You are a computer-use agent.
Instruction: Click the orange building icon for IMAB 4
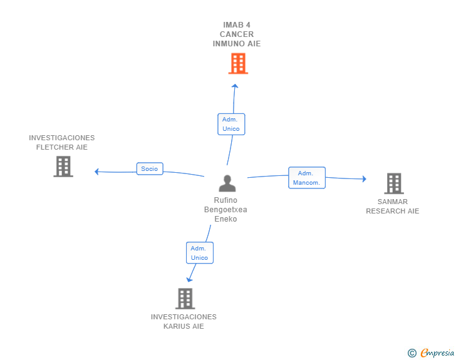(237, 63)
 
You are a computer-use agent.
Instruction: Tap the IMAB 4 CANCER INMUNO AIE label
(237, 34)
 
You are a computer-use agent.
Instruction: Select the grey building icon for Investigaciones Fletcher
(63, 167)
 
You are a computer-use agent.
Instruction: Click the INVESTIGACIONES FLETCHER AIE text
(62, 142)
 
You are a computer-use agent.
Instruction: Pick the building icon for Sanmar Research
(393, 183)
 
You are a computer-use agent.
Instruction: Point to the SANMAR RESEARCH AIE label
(393, 207)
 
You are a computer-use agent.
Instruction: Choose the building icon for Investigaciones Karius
(185, 299)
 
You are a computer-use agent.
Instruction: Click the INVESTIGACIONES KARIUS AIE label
(184, 321)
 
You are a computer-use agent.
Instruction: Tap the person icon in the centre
(227, 183)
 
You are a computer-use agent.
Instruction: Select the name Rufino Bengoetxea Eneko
(225, 210)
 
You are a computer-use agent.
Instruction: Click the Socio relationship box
(150, 168)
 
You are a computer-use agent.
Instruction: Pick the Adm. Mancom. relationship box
(306, 178)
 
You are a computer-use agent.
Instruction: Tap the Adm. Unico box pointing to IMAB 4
(231, 123)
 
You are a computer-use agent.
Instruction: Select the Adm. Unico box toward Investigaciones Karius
(200, 252)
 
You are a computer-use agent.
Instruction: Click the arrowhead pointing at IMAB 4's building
(234, 86)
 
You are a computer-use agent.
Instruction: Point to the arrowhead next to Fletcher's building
(96, 172)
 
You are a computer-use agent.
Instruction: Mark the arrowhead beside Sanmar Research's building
(364, 179)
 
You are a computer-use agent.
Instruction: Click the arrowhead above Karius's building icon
(189, 279)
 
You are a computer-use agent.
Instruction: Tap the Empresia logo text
(437, 352)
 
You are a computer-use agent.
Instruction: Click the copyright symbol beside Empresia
(412, 353)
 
